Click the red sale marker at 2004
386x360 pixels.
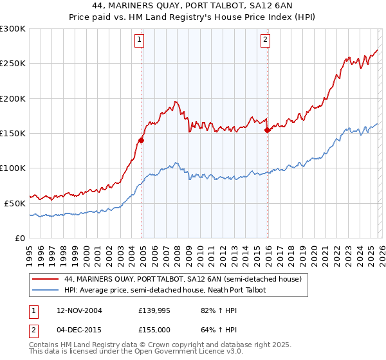pos(142,139)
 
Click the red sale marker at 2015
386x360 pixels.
pos(268,129)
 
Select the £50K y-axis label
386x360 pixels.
pos(15,203)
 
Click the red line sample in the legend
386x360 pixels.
pos(46,279)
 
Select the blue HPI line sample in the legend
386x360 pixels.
pos(46,290)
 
